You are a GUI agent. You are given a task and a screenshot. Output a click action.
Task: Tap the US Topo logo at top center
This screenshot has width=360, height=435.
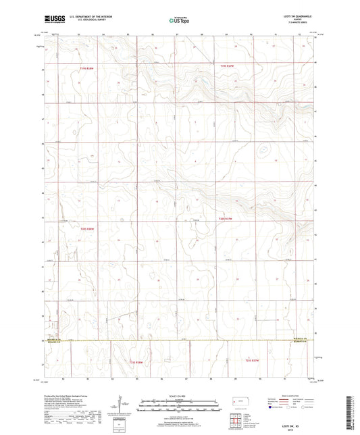(178, 22)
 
